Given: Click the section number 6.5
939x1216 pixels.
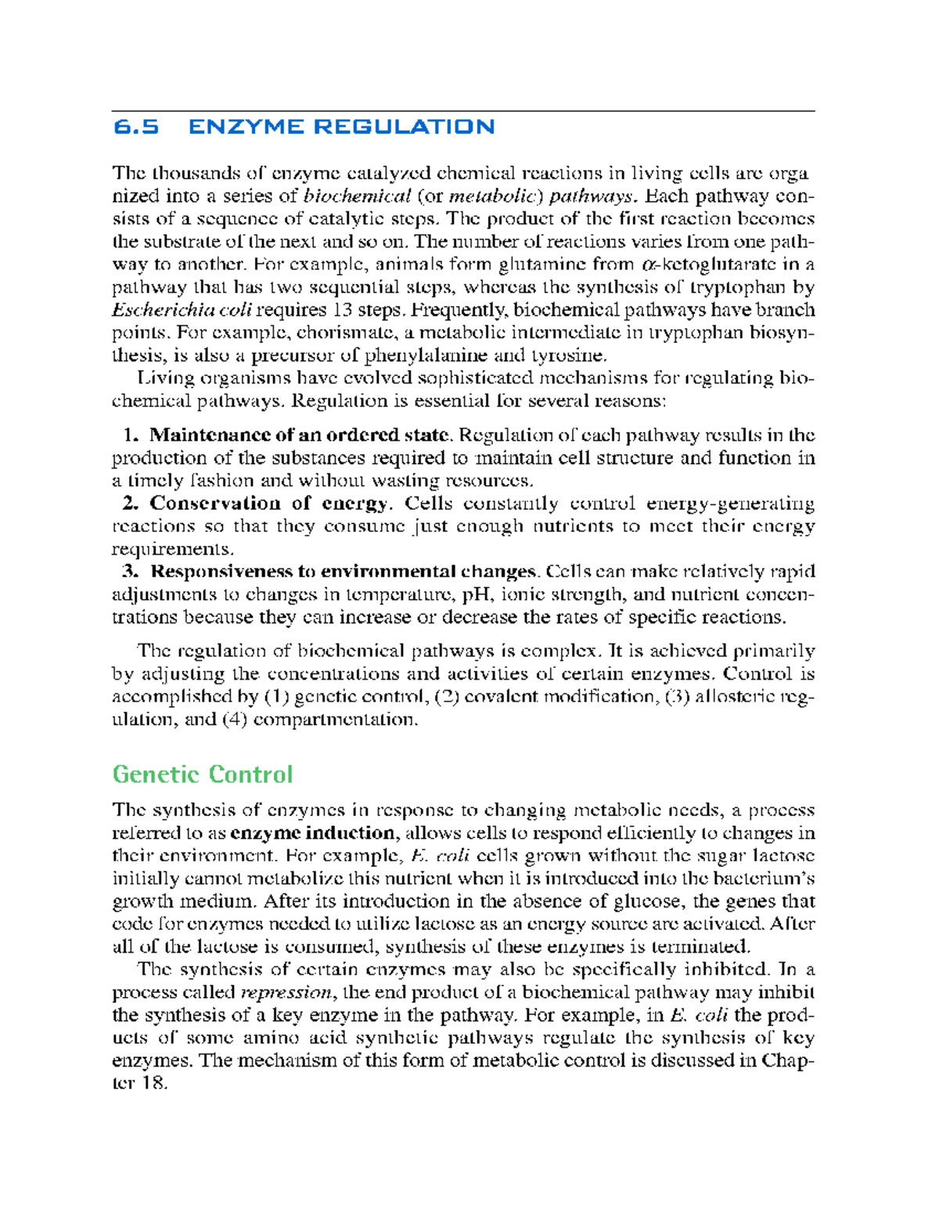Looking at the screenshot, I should coord(135,127).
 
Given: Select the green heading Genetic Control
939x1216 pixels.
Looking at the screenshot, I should coord(203,774).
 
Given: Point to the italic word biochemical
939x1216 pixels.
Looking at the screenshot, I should coord(357,196).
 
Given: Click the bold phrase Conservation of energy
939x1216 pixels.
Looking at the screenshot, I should coord(268,503).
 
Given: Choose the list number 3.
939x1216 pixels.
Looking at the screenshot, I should coord(131,572).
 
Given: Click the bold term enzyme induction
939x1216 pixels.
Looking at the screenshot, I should coord(313,833).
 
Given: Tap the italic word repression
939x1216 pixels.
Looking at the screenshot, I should coord(286,993).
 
